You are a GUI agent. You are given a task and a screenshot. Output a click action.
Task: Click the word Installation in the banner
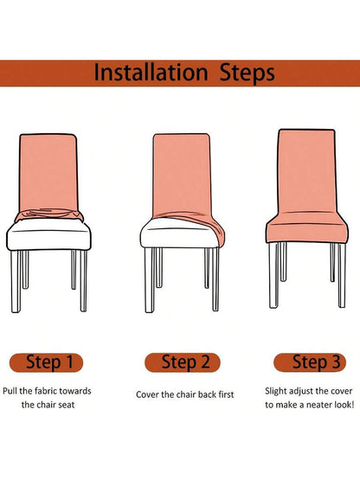[151, 73]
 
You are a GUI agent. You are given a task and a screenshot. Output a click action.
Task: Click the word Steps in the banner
[247, 74]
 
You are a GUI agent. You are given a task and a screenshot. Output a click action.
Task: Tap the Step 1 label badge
[46, 362]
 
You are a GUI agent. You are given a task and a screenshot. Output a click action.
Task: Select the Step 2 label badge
[183, 362]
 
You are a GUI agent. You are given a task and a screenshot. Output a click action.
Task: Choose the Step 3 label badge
[310, 362]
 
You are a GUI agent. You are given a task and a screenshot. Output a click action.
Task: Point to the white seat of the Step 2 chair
[178, 234]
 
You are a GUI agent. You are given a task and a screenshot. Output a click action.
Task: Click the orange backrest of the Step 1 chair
[48, 172]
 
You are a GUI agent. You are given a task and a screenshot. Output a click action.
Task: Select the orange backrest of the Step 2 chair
[182, 174]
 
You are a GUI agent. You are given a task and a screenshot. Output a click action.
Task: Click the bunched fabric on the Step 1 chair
[49, 214]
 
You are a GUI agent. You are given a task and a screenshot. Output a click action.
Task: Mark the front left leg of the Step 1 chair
[16, 281]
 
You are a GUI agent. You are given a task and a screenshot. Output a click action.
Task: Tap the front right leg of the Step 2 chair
[215, 278]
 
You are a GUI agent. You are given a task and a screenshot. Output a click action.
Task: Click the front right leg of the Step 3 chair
[342, 275]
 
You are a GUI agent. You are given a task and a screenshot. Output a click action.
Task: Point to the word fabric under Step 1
[46, 391]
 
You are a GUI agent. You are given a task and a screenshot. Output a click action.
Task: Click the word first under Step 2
[226, 394]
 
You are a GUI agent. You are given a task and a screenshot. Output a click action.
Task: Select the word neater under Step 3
[319, 405]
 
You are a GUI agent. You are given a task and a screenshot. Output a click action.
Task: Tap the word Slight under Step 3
[276, 391]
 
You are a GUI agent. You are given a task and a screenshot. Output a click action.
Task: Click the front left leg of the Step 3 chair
[273, 276]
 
